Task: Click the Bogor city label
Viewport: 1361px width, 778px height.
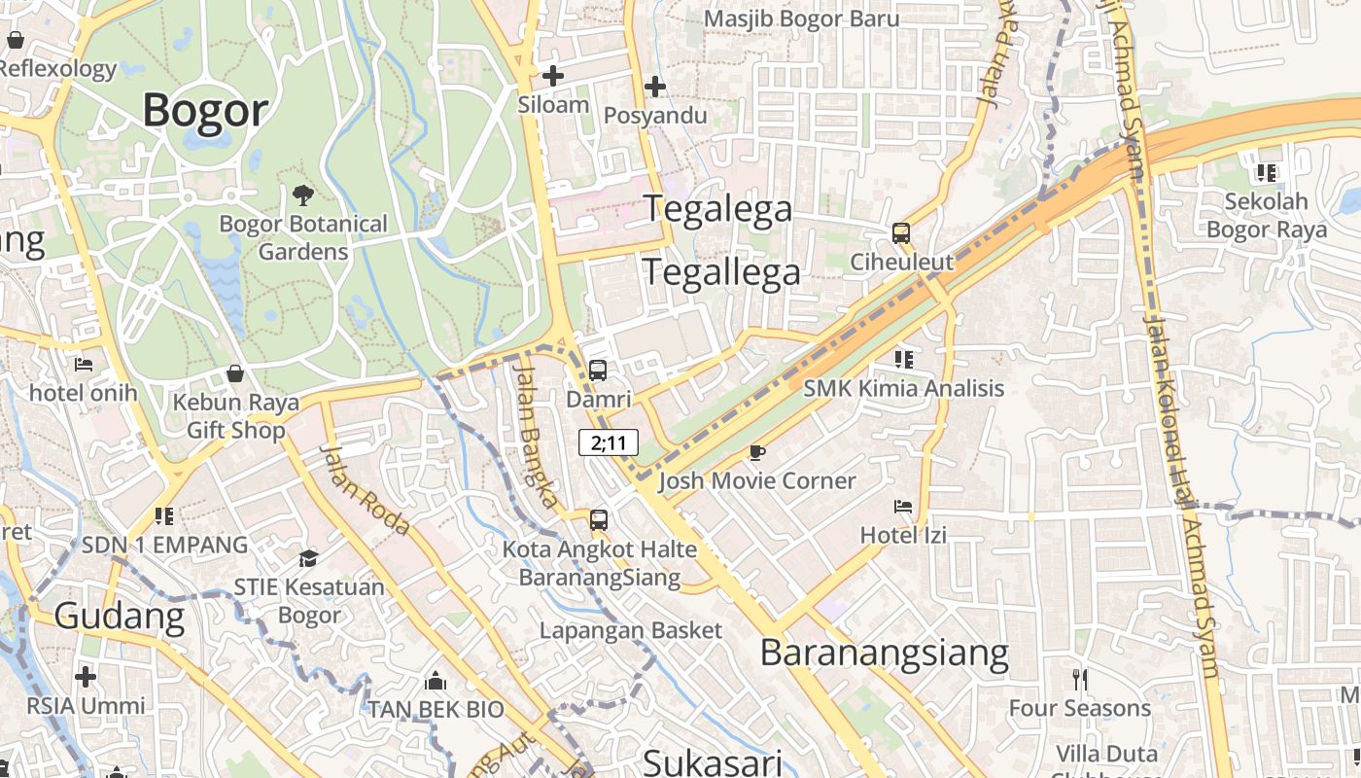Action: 205,111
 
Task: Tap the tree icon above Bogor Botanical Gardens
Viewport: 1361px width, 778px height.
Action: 303,195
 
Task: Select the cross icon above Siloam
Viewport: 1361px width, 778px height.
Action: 553,75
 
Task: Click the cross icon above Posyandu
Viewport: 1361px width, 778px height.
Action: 655,87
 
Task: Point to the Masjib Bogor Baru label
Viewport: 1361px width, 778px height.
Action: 801,18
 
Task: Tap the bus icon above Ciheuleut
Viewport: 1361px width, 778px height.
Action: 901,233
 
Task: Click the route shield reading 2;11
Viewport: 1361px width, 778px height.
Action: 609,442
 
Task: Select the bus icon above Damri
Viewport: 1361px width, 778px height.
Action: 598,371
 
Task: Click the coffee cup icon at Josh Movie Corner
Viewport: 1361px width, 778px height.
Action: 756,452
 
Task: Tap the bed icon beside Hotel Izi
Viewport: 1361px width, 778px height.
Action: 903,506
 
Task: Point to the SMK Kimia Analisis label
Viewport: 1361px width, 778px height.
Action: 903,389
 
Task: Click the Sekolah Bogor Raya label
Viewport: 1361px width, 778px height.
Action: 1266,216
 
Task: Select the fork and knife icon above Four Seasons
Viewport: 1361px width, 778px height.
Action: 1079,678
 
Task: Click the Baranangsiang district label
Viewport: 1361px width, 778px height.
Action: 884,653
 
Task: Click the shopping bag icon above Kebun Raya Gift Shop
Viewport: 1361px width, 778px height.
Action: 235,373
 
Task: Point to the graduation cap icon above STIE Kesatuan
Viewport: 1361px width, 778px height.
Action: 308,558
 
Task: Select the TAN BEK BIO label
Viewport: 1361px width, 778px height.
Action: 436,709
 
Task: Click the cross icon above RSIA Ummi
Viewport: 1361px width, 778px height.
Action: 86,676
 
